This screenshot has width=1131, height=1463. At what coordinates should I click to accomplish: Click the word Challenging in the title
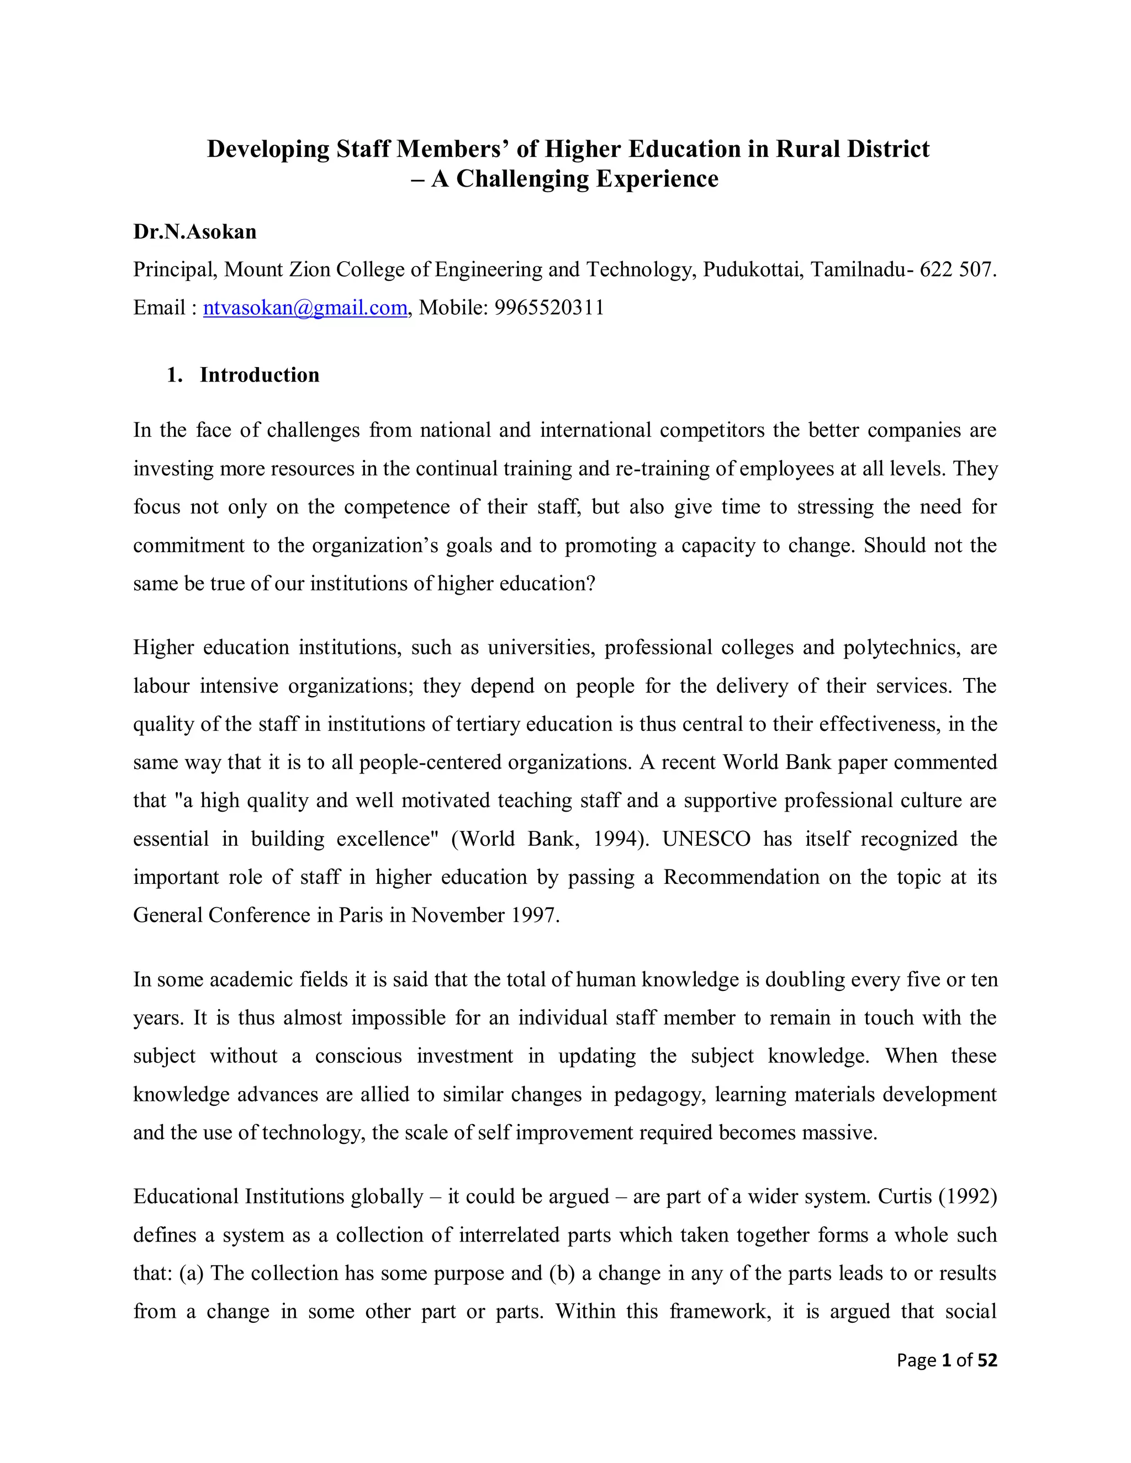point(522,179)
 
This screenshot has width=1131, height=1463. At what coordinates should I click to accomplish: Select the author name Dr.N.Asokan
point(194,232)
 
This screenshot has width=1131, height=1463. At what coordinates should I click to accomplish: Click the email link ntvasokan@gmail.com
point(305,308)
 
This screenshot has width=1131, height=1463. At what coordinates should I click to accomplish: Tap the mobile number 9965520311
point(549,308)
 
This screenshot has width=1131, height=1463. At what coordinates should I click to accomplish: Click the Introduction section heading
point(260,375)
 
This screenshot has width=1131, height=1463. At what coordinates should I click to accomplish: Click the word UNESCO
point(706,839)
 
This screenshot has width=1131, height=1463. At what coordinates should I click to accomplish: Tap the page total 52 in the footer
point(987,1360)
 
